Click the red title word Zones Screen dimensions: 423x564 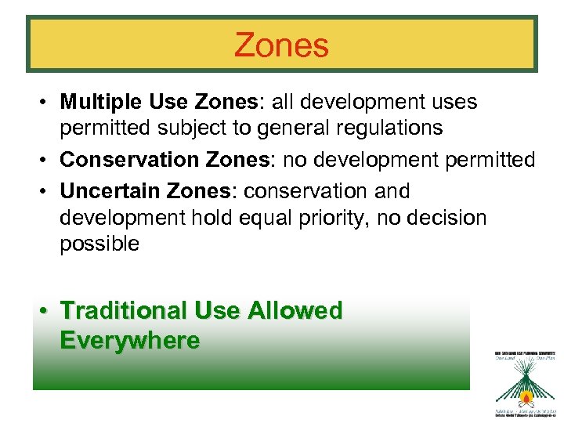pos(281,45)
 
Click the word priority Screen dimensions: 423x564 pos(330,217)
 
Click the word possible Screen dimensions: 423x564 pos(99,244)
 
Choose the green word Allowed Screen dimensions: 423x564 pos(295,310)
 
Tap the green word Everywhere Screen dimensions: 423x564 pos(129,341)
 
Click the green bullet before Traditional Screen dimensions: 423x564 pos(47,311)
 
